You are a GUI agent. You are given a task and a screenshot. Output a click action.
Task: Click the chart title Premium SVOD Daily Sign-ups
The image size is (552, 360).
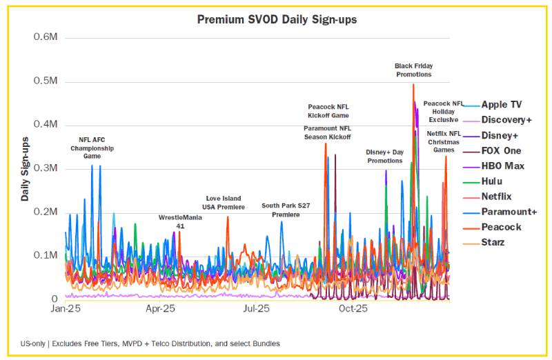point(277,19)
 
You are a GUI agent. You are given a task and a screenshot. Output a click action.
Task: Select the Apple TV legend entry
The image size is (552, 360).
point(501,105)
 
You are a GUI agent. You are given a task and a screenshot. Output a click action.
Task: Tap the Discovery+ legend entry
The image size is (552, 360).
point(506,120)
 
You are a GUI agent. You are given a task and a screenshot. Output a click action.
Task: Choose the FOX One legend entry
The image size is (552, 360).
point(501,150)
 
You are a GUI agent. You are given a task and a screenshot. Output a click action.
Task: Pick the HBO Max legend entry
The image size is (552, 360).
point(502,166)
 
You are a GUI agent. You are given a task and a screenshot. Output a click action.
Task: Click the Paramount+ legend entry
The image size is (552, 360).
point(509,212)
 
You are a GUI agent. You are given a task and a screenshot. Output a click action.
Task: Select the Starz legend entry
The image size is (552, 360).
point(493,242)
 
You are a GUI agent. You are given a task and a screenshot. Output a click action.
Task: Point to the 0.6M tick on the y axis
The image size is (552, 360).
point(46,37)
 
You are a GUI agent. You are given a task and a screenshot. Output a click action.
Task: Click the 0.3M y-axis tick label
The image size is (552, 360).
point(46,168)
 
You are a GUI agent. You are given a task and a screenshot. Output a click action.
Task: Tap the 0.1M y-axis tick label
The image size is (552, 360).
point(46,255)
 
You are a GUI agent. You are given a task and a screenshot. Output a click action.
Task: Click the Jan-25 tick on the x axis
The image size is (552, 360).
point(67,310)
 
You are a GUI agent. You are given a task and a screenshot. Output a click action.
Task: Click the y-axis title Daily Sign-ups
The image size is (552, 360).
point(25,169)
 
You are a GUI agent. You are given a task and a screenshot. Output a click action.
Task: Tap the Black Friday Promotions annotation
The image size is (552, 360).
point(413,70)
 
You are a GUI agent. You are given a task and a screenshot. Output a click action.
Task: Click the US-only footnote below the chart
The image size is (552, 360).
point(150,343)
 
